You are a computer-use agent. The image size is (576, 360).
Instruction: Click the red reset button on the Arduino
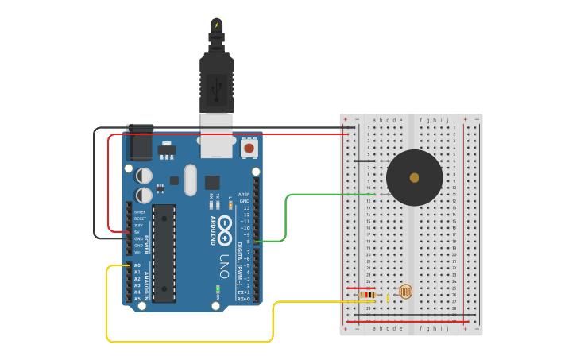point(249,148)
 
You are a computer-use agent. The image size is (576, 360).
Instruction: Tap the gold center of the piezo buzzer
point(414,177)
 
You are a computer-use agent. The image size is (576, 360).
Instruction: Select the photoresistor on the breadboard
point(405,292)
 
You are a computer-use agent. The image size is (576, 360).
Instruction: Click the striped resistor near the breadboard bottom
point(367,295)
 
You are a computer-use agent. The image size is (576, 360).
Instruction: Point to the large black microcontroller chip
point(164,253)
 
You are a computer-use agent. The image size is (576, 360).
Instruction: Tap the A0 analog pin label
point(137,265)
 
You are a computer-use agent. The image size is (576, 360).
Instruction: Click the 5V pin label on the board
point(138,232)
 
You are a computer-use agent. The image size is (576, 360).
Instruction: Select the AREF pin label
point(244,194)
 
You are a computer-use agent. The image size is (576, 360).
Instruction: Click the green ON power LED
point(217,287)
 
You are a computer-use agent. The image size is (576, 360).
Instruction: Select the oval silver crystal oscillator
point(190,180)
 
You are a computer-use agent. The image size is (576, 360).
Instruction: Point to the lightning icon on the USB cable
point(216,25)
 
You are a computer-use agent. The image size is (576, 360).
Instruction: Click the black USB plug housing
point(216,83)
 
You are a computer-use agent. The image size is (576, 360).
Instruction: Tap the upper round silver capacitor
point(144,175)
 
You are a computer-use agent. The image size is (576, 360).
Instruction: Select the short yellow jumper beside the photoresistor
point(388,298)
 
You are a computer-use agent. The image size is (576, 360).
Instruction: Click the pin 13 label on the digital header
point(245,207)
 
